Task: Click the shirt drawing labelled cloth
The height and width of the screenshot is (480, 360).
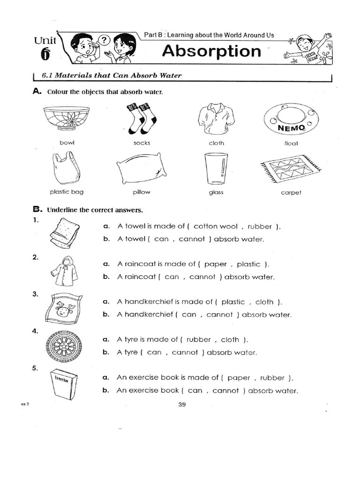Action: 216,119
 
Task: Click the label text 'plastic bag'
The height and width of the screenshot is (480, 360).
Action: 66,192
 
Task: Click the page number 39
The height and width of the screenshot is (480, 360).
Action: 182,405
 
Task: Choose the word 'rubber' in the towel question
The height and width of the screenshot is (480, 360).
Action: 260,226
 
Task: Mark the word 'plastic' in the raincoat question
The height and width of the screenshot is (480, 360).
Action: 248,264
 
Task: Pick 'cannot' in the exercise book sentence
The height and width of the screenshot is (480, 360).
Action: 225,390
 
